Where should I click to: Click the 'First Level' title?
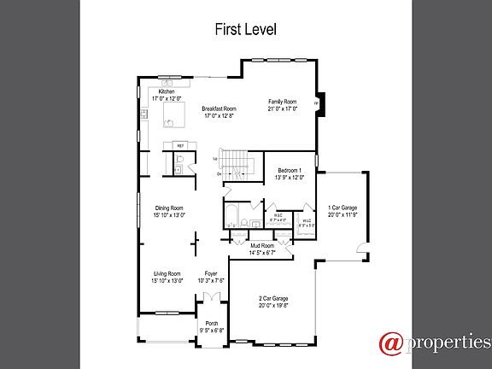[245, 29]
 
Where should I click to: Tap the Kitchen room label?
[166, 95]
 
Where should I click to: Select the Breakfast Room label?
[219, 112]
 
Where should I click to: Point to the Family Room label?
[282, 104]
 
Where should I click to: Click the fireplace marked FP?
[317, 102]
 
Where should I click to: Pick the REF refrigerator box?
[180, 146]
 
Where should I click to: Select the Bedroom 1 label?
[290, 174]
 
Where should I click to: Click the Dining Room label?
[167, 212]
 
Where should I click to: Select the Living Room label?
[167, 277]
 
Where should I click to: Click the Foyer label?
[211, 277]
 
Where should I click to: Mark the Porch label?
[211, 326]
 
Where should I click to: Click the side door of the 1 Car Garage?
[364, 253]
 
